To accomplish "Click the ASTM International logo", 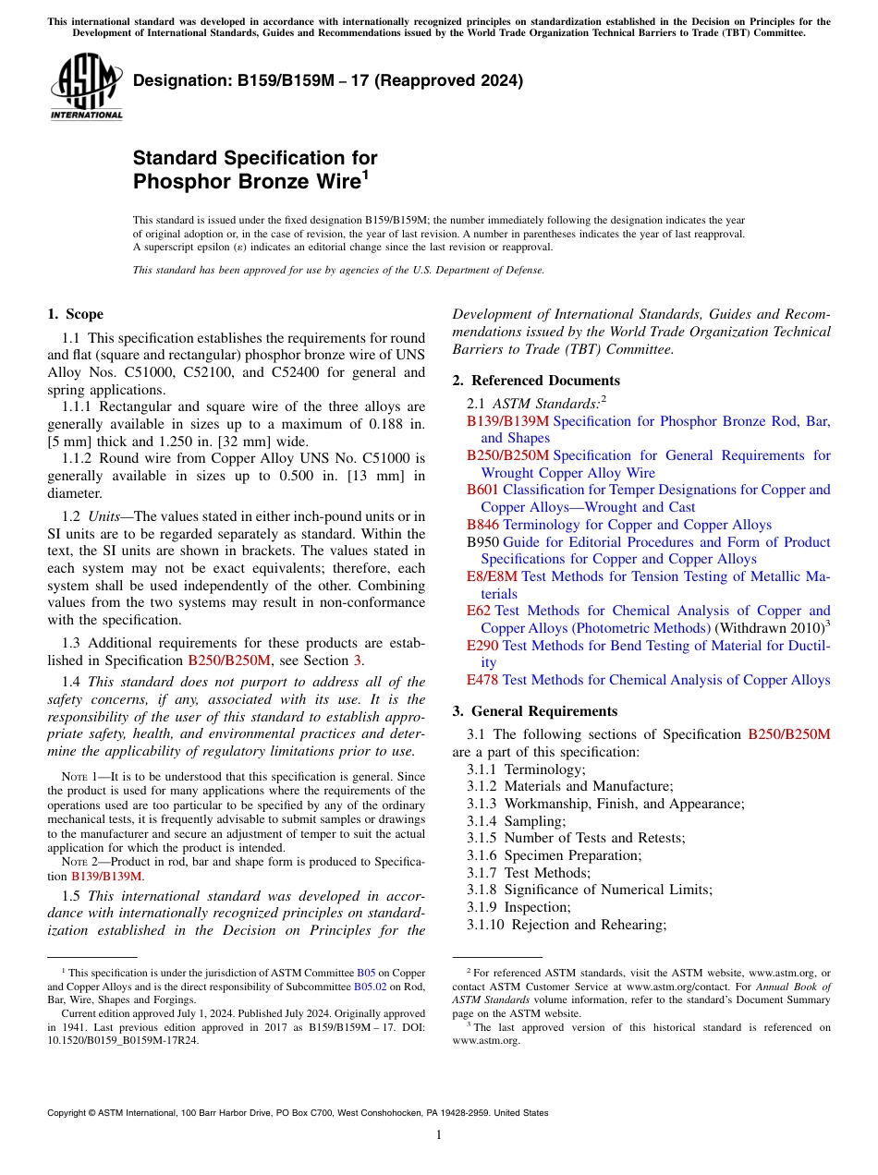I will [x=86, y=87].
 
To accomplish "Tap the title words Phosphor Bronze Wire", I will [x=245, y=181].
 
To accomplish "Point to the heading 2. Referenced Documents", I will [x=536, y=381].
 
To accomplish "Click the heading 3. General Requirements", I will [x=535, y=711].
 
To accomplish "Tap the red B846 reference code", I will [x=482, y=525].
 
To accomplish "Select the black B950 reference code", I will [x=482, y=542].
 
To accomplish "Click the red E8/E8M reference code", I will [x=492, y=576].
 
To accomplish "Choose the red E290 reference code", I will [x=482, y=646].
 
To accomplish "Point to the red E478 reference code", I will [x=482, y=680].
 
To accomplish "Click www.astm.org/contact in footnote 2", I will [x=674, y=987].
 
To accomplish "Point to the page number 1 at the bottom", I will [x=439, y=1134].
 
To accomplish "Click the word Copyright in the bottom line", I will [x=69, y=1113].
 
